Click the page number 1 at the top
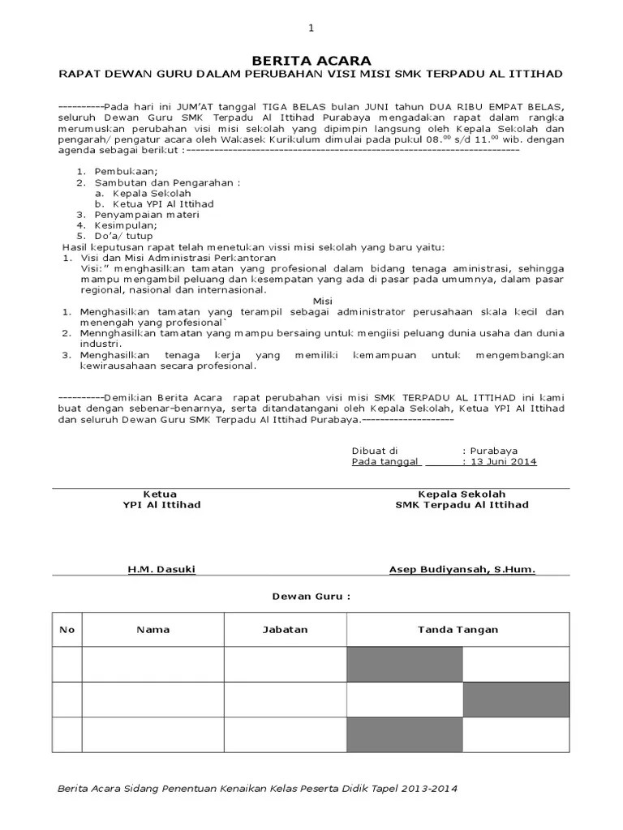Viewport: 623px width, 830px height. (x=311, y=28)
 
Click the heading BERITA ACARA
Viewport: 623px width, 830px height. (x=311, y=61)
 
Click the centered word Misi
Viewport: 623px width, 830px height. (x=311, y=300)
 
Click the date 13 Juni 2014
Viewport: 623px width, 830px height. (x=503, y=461)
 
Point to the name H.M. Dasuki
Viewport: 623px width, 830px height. (x=161, y=570)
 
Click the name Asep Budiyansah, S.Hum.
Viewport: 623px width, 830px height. (x=462, y=570)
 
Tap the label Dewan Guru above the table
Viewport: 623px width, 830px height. (x=311, y=597)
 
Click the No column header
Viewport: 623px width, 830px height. (x=67, y=630)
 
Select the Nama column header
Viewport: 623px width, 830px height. (x=153, y=630)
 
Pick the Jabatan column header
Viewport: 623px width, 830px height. (x=285, y=630)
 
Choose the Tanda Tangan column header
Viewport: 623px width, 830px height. (x=458, y=630)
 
